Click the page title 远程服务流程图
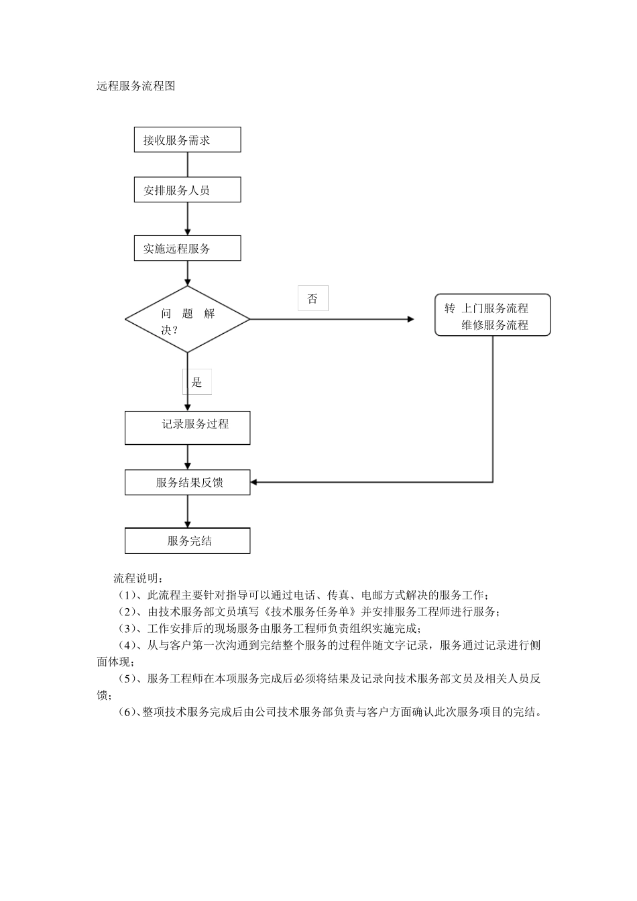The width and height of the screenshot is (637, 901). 136,86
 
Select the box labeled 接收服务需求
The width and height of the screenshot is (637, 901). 187,140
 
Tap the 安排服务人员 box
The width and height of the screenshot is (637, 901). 187,190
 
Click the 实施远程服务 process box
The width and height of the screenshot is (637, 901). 187,248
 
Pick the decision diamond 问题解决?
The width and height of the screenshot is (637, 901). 187,320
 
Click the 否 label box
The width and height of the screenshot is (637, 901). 312,298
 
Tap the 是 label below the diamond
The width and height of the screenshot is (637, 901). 197,382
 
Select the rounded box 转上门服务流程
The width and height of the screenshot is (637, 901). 492,315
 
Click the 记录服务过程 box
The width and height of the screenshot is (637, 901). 187,427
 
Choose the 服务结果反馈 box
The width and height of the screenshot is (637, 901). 187,482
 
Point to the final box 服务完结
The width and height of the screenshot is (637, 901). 187,540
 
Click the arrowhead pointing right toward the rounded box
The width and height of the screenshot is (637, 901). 410,319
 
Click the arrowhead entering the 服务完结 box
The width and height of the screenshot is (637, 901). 187,524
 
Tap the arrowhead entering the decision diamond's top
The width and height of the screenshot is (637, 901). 187,282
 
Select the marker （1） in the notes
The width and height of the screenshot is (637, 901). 127,595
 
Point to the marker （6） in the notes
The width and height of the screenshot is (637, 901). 127,712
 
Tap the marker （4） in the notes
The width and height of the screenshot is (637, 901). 127,646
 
